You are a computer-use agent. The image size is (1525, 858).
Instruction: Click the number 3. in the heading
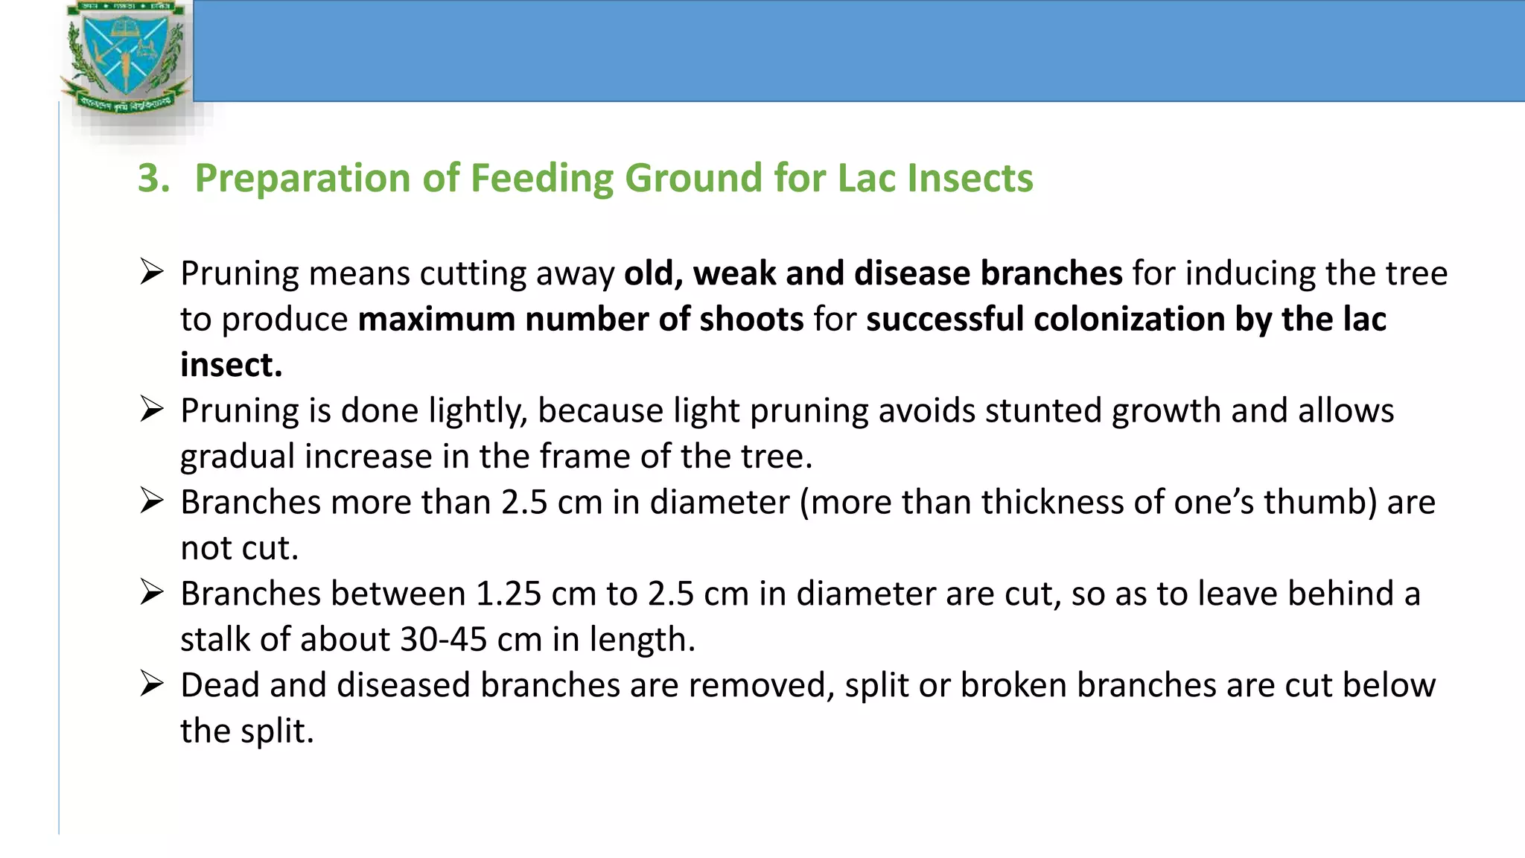click(153, 179)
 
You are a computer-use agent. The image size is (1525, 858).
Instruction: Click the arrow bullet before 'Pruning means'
click(151, 272)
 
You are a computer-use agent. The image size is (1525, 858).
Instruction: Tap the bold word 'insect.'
click(232, 365)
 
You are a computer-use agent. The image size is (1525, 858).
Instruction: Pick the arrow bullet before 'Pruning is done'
click(151, 409)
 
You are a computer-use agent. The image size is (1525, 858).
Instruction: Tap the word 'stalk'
click(214, 640)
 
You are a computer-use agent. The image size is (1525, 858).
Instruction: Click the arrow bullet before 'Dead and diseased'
click(151, 684)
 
